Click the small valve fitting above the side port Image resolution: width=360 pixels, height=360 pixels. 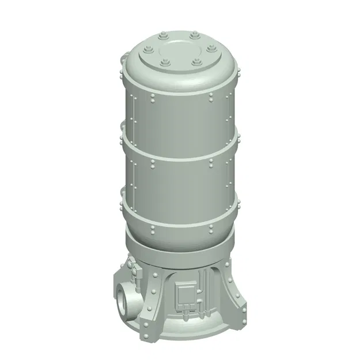[131, 267]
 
